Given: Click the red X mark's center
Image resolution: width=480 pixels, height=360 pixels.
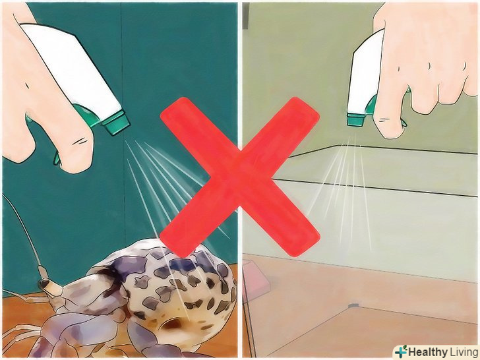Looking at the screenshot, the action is [x=240, y=177].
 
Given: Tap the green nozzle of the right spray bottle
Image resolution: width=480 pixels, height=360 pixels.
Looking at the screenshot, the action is [x=355, y=119].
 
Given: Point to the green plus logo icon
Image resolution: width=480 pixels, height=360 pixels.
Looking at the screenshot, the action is [x=401, y=351].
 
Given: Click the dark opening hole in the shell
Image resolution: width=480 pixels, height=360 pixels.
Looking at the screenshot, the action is [x=173, y=324].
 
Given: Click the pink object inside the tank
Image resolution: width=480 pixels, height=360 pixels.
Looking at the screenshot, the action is [x=256, y=278].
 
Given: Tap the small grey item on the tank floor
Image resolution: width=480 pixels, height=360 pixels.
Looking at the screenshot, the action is [x=353, y=305].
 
